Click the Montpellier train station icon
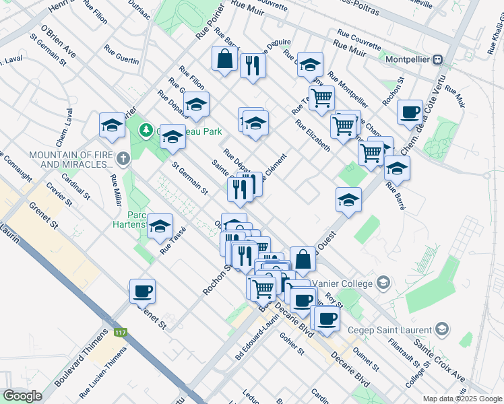439,59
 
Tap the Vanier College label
346,282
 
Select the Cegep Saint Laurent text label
392,330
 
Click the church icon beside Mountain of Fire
122,160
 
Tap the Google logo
22,396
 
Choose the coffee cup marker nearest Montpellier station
410,112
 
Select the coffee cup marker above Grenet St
142,292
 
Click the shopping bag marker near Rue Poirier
225,59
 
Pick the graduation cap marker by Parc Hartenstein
160,227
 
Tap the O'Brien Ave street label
59,42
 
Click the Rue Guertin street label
122,55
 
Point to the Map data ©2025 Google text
462,398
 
